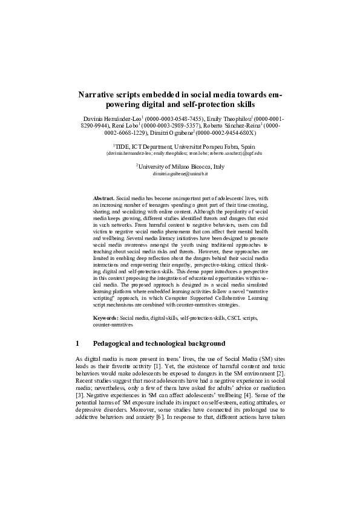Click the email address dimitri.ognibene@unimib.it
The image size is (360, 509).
click(180, 173)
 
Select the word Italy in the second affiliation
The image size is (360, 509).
click(215, 166)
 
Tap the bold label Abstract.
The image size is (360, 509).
click(103, 198)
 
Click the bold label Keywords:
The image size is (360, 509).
click(106, 317)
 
